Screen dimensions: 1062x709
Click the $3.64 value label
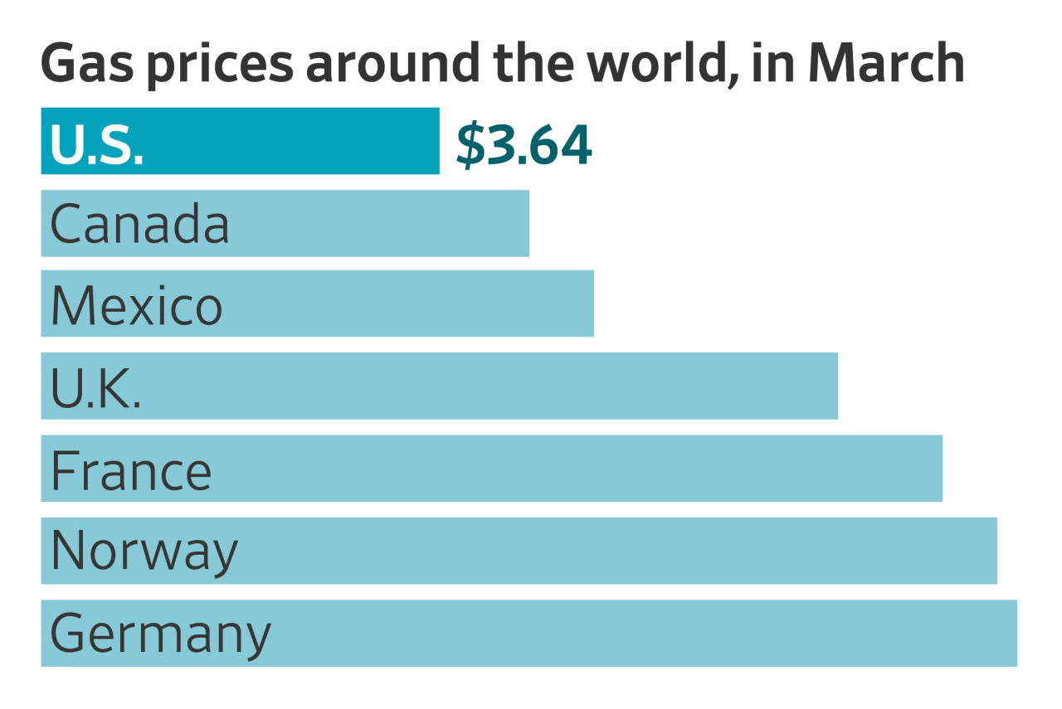(x=524, y=145)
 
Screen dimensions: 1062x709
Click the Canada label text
(x=139, y=224)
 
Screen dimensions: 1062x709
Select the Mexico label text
(x=136, y=305)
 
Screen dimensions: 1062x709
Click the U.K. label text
(x=95, y=387)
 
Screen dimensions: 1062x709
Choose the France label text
(x=131, y=470)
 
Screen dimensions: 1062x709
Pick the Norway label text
(x=144, y=551)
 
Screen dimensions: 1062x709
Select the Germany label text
(x=160, y=634)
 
